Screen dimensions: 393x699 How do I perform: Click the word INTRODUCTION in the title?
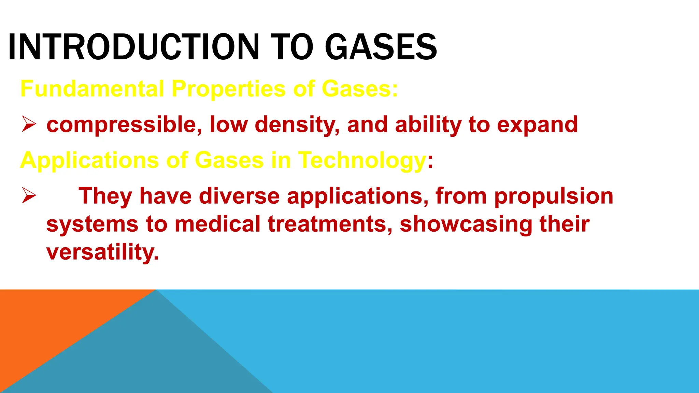tap(133, 47)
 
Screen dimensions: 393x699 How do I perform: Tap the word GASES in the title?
tap(381, 47)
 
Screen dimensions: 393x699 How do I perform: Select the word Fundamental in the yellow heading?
tap(92, 89)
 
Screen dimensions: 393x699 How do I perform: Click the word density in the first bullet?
tap(297, 125)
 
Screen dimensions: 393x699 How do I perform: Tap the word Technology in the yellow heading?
tap(362, 160)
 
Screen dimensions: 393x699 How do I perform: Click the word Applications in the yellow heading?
tap(89, 160)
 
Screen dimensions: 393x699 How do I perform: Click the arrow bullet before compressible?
tap(29, 124)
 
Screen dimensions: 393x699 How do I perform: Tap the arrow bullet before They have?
tap(29, 195)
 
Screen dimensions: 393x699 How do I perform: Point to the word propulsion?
tap(554, 196)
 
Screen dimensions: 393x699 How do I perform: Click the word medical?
tap(218, 224)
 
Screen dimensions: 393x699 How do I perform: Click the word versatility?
tap(102, 252)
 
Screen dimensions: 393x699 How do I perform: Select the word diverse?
tap(239, 196)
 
